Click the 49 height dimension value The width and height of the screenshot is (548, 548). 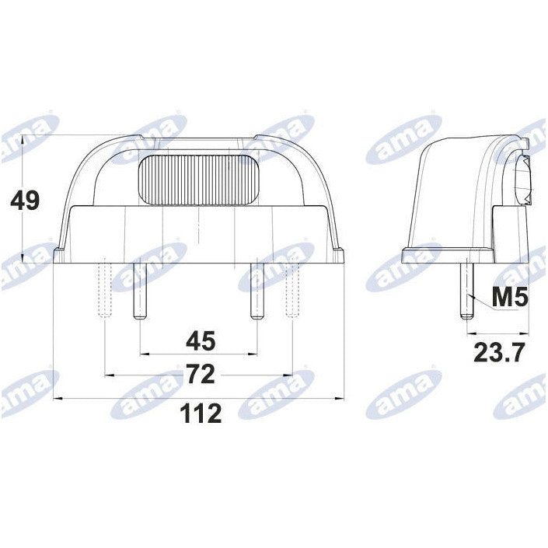point(24,201)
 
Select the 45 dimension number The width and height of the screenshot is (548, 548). point(200,340)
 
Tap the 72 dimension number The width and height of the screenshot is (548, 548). point(200,375)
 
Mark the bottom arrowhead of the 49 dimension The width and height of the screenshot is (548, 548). point(25,257)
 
